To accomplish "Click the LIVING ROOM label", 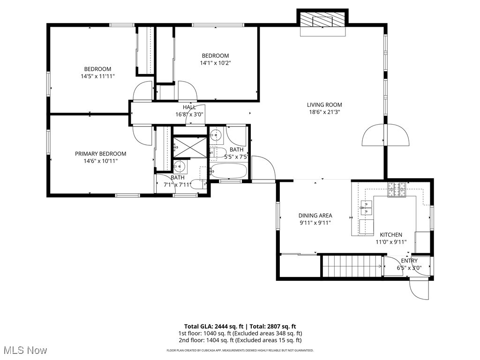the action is (x=324, y=105).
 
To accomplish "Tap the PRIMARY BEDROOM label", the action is (x=100, y=154).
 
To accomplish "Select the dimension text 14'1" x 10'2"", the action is (x=215, y=63).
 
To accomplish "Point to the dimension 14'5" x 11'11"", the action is (x=97, y=76).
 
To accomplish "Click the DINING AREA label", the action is (x=315, y=216).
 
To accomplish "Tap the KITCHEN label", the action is (x=391, y=235).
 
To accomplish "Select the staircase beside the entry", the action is (x=352, y=266).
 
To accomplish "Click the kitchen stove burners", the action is (x=397, y=189).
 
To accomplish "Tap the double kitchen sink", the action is (x=367, y=208).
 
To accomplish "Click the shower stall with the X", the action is (x=190, y=147).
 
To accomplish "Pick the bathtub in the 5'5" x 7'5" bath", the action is (x=228, y=171).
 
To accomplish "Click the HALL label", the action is (x=189, y=107).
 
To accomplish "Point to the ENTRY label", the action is (x=409, y=261).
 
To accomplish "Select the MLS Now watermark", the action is (x=24, y=350).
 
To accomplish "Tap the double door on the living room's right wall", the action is (x=385, y=135).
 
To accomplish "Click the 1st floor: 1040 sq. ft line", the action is (x=240, y=333).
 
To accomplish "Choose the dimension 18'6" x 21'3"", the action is (x=324, y=112).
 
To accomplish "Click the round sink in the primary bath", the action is (x=179, y=166).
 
